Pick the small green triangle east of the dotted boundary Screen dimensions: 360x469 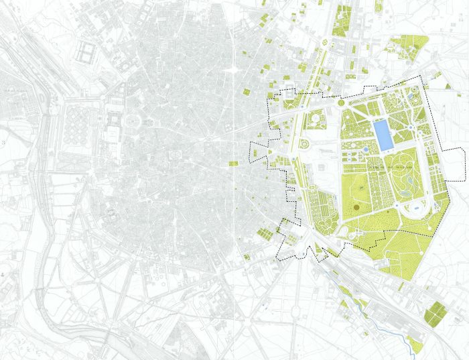(x=448, y=86)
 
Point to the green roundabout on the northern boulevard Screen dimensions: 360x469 (x=326, y=44)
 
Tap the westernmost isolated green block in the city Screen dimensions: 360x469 (x=233, y=164)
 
